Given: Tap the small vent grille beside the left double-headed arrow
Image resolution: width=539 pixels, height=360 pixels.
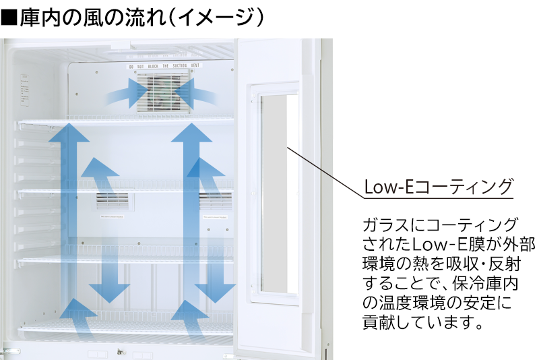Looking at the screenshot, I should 112,200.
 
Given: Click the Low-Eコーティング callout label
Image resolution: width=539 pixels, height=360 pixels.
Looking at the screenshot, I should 438,187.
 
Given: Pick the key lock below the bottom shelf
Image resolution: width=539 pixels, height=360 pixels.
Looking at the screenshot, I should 121,352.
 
